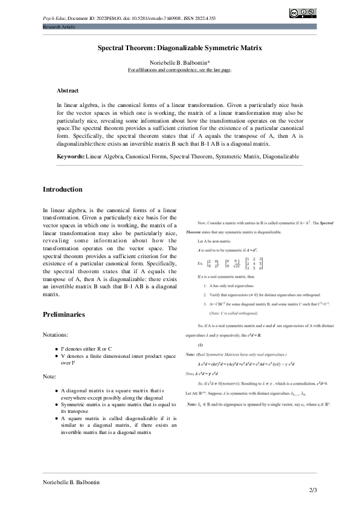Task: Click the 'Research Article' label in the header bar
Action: pyautogui.click(x=58, y=27)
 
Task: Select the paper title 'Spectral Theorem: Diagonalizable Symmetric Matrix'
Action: pyautogui.click(x=179, y=47)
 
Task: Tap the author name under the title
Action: pyautogui.click(x=179, y=62)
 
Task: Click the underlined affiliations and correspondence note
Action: pyautogui.click(x=179, y=70)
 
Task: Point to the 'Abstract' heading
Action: pyautogui.click(x=68, y=90)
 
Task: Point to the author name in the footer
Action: pyautogui.click(x=71, y=482)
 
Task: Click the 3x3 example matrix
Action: pyautogui.click(x=255, y=264)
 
